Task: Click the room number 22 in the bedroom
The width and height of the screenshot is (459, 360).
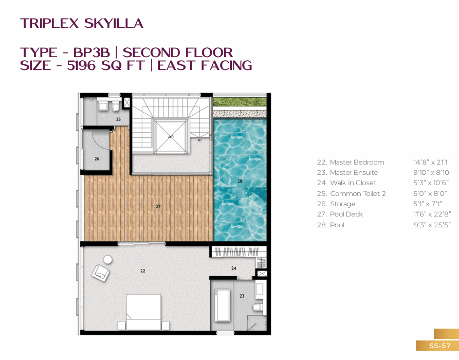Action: click(x=142, y=271)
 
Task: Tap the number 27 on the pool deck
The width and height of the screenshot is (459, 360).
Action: click(x=158, y=207)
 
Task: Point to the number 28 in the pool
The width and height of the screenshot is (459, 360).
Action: click(x=240, y=182)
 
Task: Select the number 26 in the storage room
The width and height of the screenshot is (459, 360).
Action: click(x=97, y=159)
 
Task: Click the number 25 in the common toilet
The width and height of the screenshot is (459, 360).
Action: click(x=118, y=119)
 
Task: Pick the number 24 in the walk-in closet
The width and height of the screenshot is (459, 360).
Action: click(x=233, y=268)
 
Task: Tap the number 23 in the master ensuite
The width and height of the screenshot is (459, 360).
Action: click(x=242, y=296)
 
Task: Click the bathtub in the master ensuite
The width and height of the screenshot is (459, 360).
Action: click(x=222, y=305)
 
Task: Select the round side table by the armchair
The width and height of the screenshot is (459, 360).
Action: click(x=107, y=260)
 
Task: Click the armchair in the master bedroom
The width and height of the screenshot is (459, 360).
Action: click(x=101, y=273)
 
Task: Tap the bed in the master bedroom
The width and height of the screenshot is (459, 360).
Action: click(x=143, y=312)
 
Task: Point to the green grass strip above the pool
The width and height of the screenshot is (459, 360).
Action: click(x=240, y=102)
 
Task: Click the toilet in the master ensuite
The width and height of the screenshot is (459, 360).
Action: click(x=258, y=307)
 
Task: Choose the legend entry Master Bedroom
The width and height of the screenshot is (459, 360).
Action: click(x=351, y=163)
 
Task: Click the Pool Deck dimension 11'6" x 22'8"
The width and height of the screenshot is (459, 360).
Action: click(x=432, y=214)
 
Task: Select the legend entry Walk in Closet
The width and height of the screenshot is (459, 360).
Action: click(x=346, y=183)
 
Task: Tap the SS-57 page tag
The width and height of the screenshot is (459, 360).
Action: click(x=439, y=346)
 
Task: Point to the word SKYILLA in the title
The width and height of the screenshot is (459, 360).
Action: click(x=114, y=24)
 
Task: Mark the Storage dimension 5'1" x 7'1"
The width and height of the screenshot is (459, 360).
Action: click(x=428, y=204)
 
